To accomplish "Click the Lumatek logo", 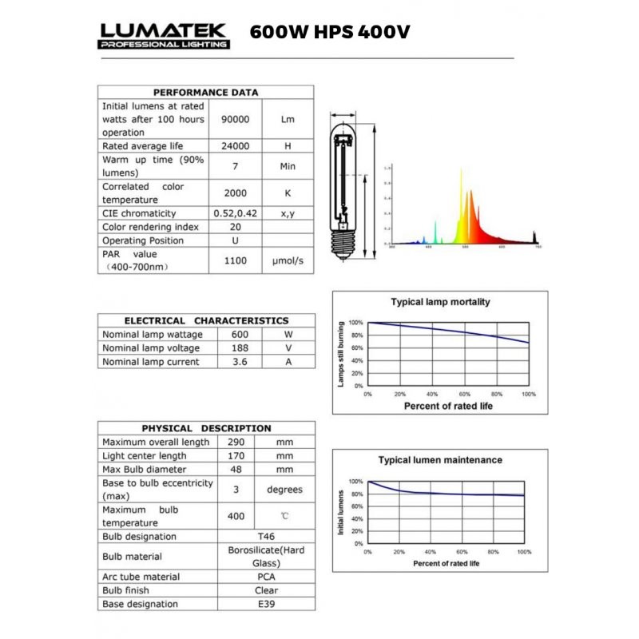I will pos(164,35).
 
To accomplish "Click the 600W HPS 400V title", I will pos(330,33).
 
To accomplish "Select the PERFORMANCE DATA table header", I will pos(205,92).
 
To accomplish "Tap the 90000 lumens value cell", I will pos(236,119).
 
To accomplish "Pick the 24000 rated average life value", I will pos(236,146).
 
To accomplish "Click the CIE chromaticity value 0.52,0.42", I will pos(236,213).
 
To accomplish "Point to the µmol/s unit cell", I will pos(288,261).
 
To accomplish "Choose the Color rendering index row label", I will pos(150,227).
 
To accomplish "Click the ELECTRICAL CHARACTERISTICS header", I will pos(206,320).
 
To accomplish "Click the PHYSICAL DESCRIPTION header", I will pos(206,428).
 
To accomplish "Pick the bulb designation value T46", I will pos(266,537).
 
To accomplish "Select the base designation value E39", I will pos(266,605).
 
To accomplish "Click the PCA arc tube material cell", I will pos(266,577).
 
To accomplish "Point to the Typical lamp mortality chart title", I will pos(440,302).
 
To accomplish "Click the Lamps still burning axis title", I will pos(341,355).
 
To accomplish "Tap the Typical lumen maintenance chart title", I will pos(440,460).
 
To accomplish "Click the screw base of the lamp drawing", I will pos(345,238).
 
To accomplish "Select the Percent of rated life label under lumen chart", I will pos(446,564).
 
